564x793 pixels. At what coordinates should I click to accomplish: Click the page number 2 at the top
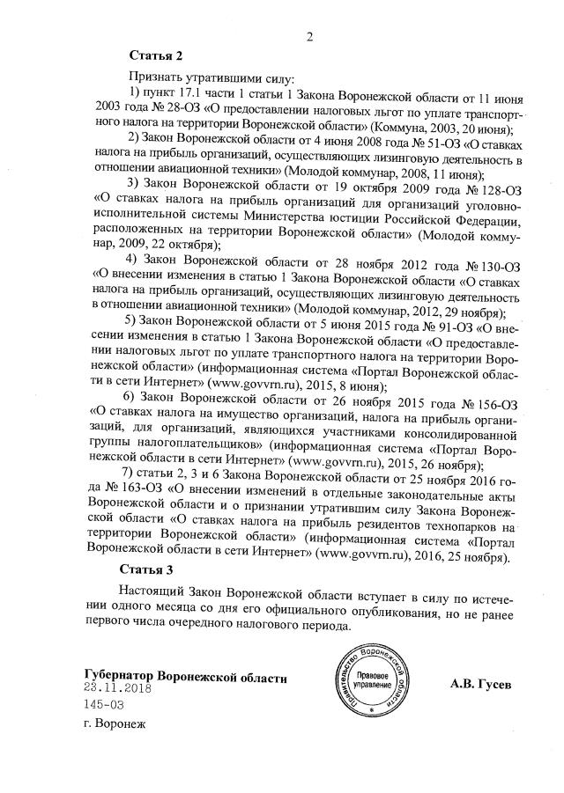[309, 36]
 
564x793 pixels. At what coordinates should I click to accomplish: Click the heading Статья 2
[156, 56]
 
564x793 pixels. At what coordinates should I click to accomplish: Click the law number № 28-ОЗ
[174, 107]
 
